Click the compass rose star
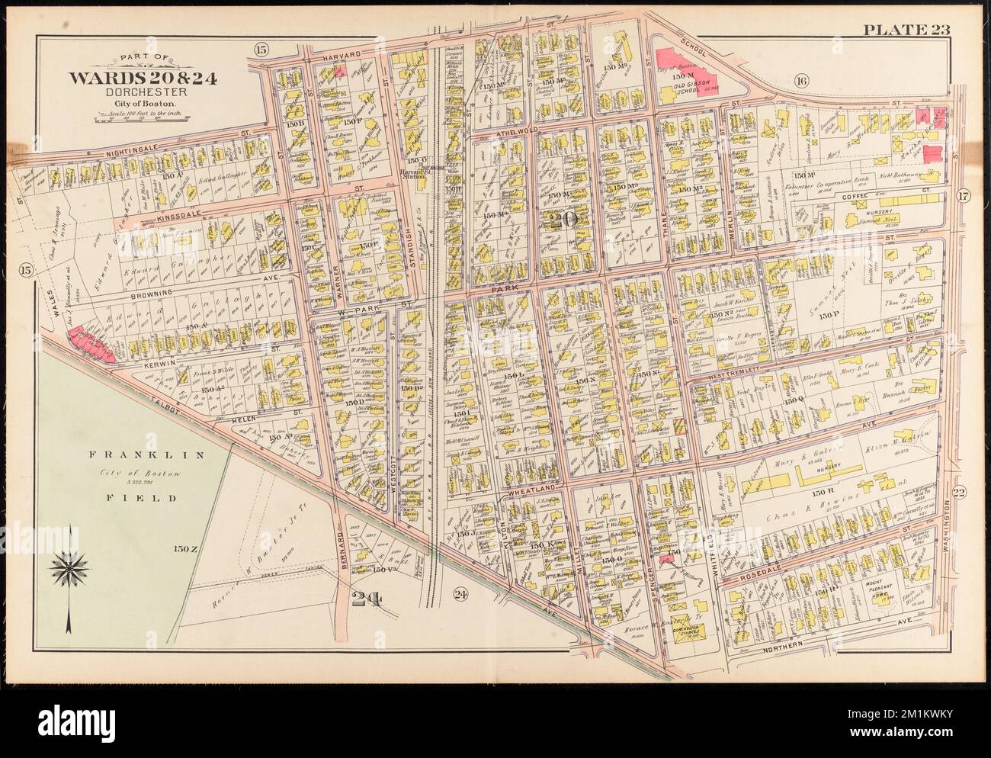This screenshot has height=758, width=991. pos(69,567)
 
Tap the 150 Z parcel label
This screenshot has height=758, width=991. pos(185,548)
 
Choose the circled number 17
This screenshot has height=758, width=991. pos(962,194)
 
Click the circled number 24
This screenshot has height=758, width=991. pos(459,594)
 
